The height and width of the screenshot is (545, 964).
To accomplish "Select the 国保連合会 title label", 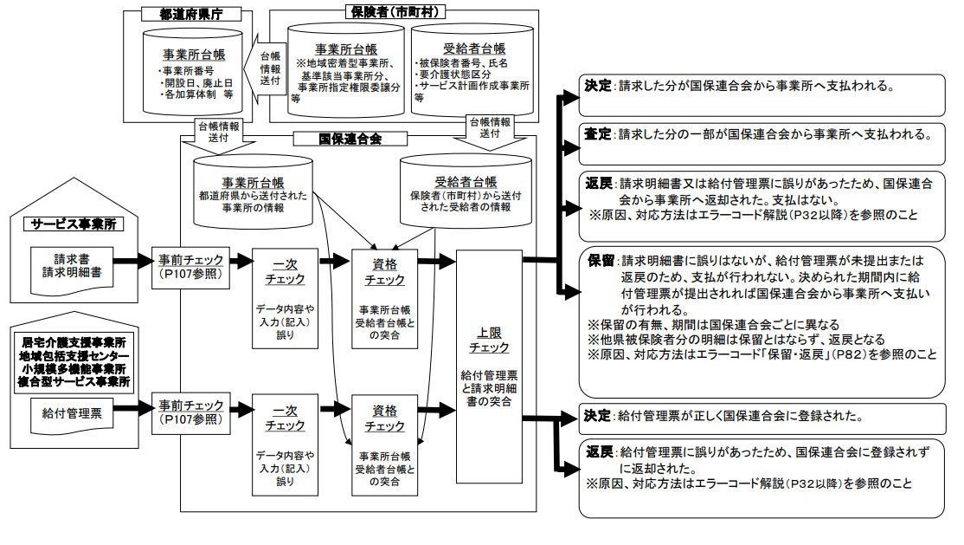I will click(350, 139).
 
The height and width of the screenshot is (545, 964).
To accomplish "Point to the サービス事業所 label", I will click(74, 224).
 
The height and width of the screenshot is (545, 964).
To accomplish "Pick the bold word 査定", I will click(598, 134).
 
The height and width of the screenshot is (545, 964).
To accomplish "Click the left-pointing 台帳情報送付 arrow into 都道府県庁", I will click(269, 68).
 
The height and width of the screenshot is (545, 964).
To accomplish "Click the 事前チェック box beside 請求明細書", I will click(192, 265).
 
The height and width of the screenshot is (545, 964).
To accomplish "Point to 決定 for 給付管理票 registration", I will click(598, 416).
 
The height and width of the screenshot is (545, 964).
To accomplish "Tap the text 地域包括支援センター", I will click(75, 357).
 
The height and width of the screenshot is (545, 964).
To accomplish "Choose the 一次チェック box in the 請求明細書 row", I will click(285, 297).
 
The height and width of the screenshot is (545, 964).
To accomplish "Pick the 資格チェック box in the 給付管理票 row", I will click(385, 444).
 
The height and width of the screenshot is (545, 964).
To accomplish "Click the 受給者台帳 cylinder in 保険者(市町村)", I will click(472, 69).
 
